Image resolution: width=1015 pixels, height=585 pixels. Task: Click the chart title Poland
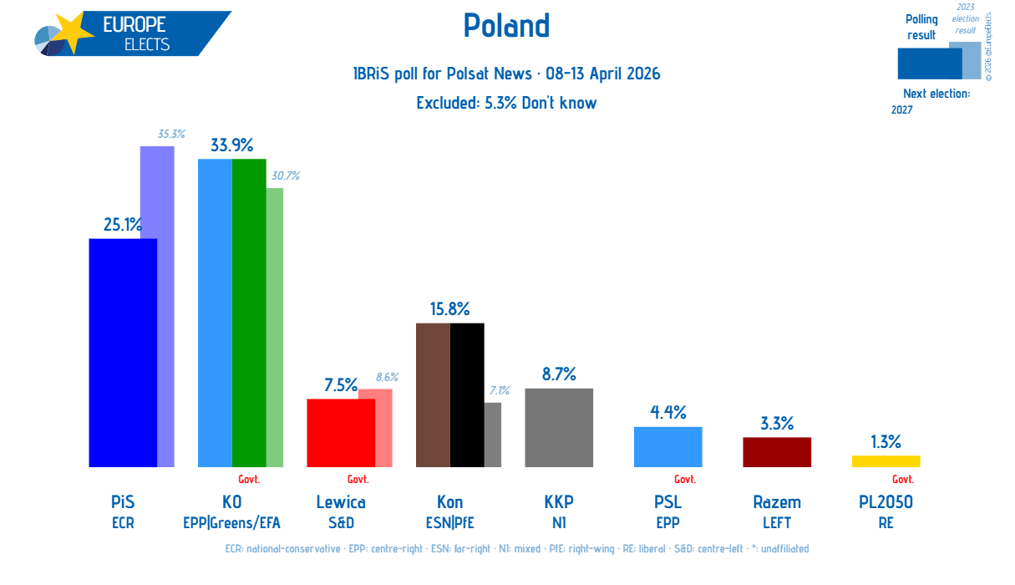tap(506, 25)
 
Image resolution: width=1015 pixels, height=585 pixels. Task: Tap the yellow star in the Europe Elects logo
tap(74, 33)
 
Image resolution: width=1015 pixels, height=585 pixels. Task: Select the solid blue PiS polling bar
tap(123, 353)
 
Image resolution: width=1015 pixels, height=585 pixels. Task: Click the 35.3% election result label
tap(171, 134)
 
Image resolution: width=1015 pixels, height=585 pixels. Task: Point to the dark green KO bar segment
tap(249, 313)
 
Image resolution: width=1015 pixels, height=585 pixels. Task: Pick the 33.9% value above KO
tap(231, 145)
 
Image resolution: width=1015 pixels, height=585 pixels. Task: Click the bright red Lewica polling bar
tap(341, 433)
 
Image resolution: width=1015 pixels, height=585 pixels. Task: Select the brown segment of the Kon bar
tap(433, 394)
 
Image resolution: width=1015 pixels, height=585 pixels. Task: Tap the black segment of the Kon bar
tap(467, 394)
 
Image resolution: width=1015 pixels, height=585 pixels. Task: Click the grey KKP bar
tap(559, 428)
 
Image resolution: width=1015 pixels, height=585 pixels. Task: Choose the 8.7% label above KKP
tap(559, 374)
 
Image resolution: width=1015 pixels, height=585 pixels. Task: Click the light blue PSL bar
tap(668, 447)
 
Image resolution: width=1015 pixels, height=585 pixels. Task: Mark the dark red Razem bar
tap(777, 452)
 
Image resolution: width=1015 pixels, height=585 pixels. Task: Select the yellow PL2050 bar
tap(886, 461)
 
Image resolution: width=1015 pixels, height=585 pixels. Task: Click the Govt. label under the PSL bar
tap(685, 480)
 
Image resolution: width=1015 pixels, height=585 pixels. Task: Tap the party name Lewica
tap(341, 502)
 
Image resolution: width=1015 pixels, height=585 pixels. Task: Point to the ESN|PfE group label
tap(449, 523)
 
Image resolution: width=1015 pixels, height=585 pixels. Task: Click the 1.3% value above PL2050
tap(886, 442)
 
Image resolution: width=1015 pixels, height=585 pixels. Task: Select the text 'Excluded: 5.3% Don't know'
tap(506, 103)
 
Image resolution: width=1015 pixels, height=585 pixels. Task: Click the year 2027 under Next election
tap(901, 110)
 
